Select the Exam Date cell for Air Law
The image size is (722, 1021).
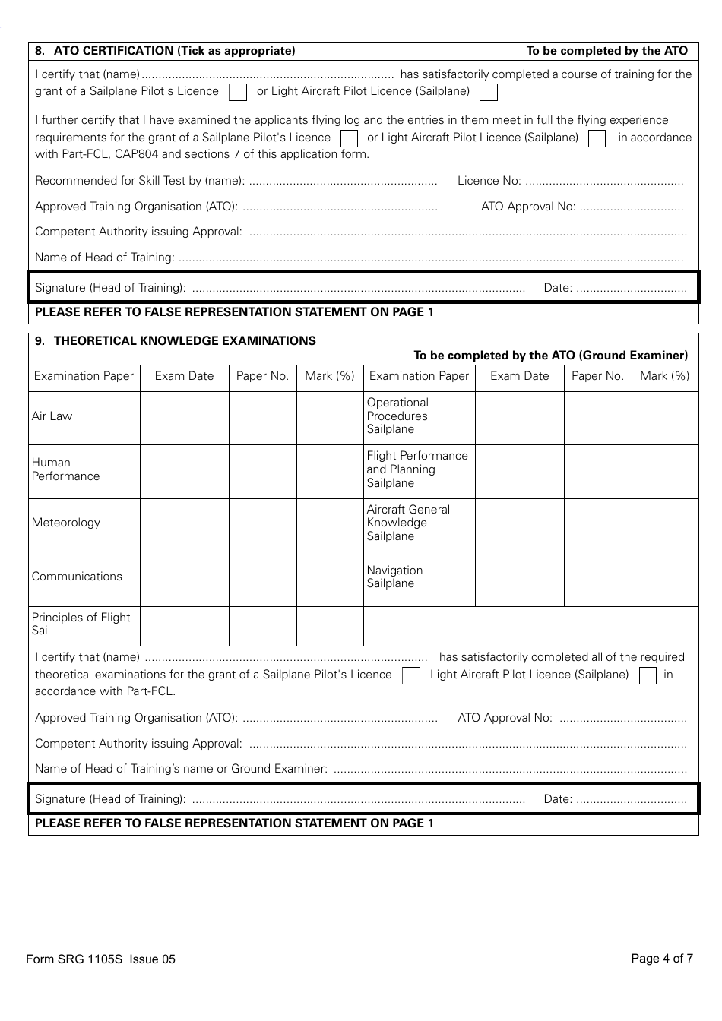pos(185,417)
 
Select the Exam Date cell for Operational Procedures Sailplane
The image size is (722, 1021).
pos(520,417)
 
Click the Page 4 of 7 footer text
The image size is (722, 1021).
pos(661,959)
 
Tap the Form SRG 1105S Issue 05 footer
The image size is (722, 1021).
pos(100,959)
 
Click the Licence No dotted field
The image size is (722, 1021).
pos(604,182)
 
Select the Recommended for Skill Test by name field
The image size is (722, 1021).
pos(343,182)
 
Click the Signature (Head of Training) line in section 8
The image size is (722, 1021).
pos(358,289)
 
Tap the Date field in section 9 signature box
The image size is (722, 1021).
pos(631,800)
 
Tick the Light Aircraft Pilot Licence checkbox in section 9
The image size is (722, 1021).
pos(648,676)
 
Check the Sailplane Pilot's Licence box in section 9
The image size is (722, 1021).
pos(410,676)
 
